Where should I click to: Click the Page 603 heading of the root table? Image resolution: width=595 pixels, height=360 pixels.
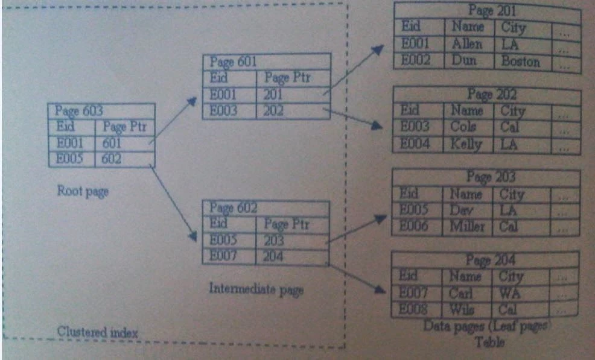tap(79, 111)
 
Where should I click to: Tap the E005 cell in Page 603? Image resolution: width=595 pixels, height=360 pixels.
tap(70, 159)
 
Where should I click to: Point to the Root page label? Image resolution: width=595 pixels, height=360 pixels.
tap(82, 191)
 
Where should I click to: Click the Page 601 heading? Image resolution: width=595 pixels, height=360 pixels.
tap(234, 62)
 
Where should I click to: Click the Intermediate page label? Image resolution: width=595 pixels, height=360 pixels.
tap(256, 288)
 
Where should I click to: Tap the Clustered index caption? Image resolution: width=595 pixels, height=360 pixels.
tap(98, 332)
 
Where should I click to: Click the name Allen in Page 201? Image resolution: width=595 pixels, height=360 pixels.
tap(466, 44)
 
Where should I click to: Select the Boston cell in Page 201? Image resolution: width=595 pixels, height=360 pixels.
tap(520, 62)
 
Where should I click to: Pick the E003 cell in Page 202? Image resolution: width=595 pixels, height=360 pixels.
tap(415, 127)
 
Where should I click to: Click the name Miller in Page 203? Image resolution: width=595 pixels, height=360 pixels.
tap(466, 227)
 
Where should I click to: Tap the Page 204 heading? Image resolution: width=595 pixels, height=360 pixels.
tap(491, 260)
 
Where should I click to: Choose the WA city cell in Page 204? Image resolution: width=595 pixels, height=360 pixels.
tap(509, 293)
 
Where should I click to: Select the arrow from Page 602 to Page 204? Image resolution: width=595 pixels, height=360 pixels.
tap(357, 277)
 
